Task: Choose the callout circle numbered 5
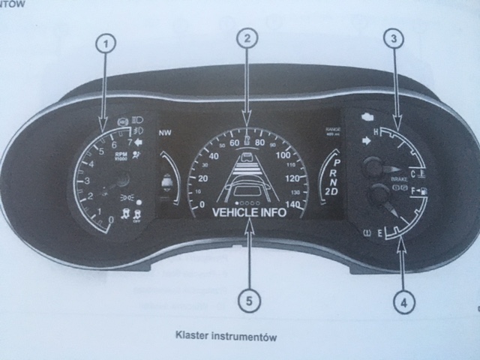pyautogui.click(x=250, y=300)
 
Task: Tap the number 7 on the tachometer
pyautogui.click(x=130, y=142)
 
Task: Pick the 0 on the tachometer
pyautogui.click(x=111, y=220)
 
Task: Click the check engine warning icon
pyautogui.click(x=367, y=118)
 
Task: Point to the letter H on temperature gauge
pyautogui.click(x=366, y=133)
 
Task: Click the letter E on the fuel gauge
pyautogui.click(x=381, y=233)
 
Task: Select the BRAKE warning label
pyautogui.click(x=399, y=181)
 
